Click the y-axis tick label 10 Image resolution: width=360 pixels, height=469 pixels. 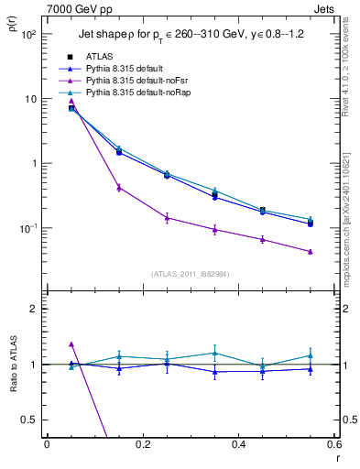[30, 99]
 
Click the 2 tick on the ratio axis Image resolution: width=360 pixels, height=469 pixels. [35, 309]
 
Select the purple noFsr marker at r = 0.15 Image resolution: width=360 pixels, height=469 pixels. [119, 187]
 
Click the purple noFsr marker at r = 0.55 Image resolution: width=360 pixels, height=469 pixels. [311, 251]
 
